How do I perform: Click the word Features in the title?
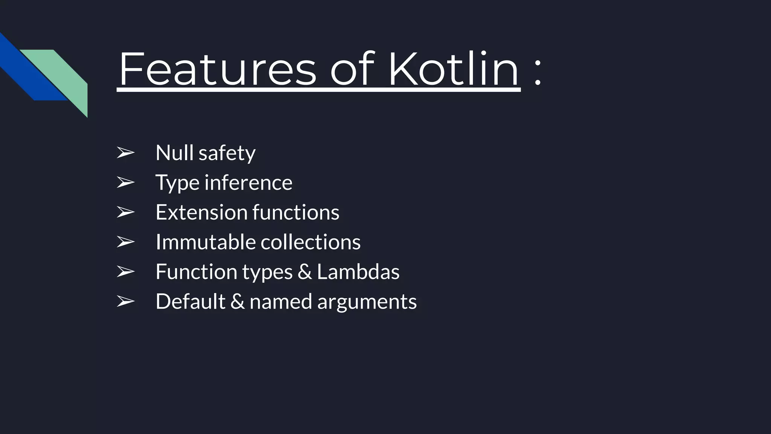point(218,69)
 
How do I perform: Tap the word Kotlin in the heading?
point(454,69)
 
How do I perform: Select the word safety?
point(227,153)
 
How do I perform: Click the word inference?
point(248,183)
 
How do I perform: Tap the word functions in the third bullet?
point(296,212)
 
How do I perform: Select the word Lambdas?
point(358,272)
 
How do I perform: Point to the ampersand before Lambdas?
point(305,272)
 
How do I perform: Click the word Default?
point(190,301)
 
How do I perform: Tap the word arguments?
point(367,302)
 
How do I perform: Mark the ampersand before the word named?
point(237,301)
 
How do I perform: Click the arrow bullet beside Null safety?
point(125,153)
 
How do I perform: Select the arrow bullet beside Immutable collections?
point(125,242)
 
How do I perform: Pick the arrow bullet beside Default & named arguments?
point(125,301)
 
